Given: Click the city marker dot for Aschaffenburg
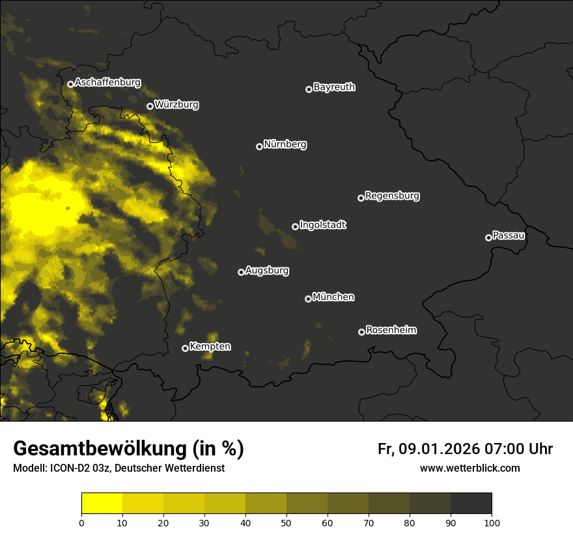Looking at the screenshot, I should point(70,84).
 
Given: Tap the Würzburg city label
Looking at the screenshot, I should point(176,105).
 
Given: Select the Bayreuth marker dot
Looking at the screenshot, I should point(309,89).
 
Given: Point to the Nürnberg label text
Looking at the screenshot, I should point(285,144).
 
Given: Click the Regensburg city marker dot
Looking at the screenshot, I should point(361,198).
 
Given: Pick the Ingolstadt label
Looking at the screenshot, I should point(323,225).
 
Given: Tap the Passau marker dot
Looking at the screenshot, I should point(488,237).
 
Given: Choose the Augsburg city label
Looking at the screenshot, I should point(267,271).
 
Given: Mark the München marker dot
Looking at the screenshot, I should point(308,299).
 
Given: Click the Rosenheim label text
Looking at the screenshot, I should point(391,331).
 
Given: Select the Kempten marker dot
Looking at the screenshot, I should point(185,348).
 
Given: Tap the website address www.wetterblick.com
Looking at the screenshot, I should point(470,468).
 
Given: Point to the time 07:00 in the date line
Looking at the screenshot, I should point(500,449).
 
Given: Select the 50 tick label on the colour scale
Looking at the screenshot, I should point(286,522).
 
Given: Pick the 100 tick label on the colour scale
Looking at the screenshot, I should point(492,522).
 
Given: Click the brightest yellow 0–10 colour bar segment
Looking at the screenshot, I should point(102,504).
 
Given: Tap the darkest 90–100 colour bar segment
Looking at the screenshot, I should point(471,504).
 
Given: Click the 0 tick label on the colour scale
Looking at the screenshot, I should point(81,522).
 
